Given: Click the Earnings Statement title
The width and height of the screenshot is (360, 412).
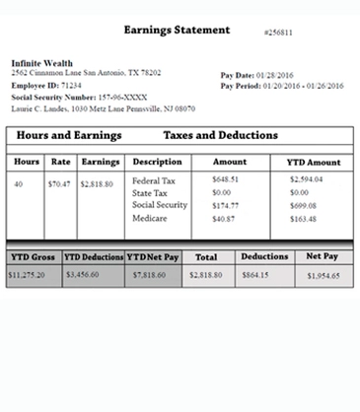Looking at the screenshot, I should click(x=177, y=31).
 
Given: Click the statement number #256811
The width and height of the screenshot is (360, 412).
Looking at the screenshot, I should click(x=278, y=34).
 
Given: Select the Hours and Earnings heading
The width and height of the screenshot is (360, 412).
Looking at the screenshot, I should click(x=69, y=134).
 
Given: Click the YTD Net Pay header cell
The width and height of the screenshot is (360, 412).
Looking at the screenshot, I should click(x=152, y=256).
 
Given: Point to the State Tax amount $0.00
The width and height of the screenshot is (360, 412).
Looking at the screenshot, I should click(x=222, y=192).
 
